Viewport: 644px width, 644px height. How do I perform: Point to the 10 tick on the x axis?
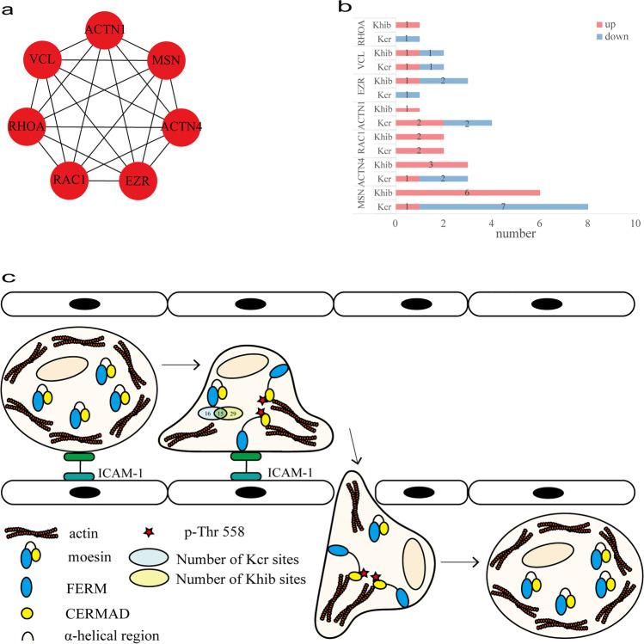point(635,223)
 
